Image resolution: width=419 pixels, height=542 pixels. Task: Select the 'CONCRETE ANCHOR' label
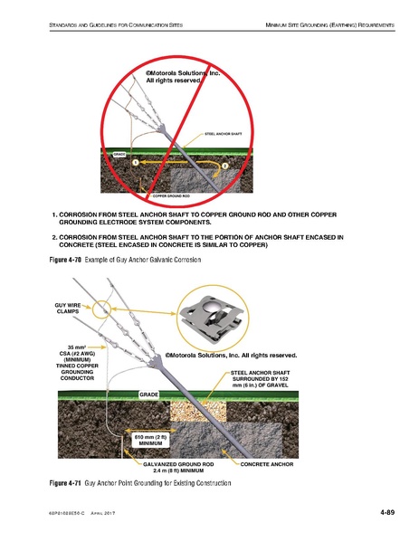[269, 462]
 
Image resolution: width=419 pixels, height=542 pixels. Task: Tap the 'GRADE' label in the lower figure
[149, 395]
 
